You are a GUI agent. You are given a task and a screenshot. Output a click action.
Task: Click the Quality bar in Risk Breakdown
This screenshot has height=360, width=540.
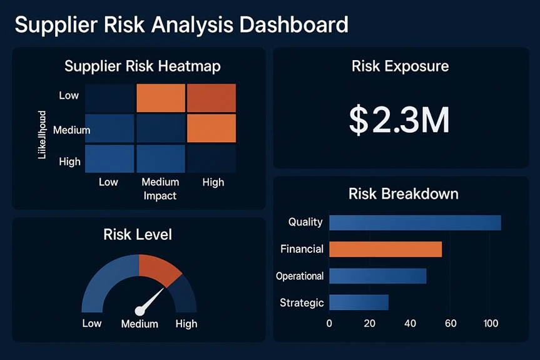tap(415, 222)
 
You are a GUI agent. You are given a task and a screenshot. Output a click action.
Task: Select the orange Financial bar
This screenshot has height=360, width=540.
tap(385, 249)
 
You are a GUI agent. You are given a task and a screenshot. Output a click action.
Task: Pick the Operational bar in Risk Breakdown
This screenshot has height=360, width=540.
tap(377, 276)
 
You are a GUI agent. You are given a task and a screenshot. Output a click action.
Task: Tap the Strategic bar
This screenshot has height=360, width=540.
tap(359, 302)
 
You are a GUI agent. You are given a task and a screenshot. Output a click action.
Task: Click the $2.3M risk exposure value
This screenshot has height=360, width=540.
tap(399, 121)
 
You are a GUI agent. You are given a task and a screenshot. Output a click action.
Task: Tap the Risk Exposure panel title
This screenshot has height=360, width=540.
tap(400, 66)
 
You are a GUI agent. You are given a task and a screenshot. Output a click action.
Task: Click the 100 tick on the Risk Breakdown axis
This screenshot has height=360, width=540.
tap(491, 324)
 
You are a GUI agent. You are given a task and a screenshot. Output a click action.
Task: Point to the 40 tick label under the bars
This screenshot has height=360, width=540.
tap(410, 324)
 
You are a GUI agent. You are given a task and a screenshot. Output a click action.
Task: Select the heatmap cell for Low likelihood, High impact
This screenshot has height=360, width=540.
tap(211, 98)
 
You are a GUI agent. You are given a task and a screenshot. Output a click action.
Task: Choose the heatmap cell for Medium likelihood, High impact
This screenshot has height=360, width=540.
tap(211, 128)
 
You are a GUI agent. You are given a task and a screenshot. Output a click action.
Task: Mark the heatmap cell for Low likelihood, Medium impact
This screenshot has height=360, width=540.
tap(161, 98)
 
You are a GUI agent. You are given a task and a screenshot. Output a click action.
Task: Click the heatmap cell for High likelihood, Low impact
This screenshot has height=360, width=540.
tap(110, 158)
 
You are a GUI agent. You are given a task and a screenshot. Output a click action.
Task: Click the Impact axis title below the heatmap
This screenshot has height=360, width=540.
tap(160, 196)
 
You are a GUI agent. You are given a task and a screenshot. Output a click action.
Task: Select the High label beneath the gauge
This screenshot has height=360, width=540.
tap(186, 324)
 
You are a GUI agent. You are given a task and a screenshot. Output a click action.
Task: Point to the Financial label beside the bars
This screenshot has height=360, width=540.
tap(302, 249)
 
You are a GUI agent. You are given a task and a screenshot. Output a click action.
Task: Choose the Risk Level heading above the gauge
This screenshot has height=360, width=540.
tap(138, 235)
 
